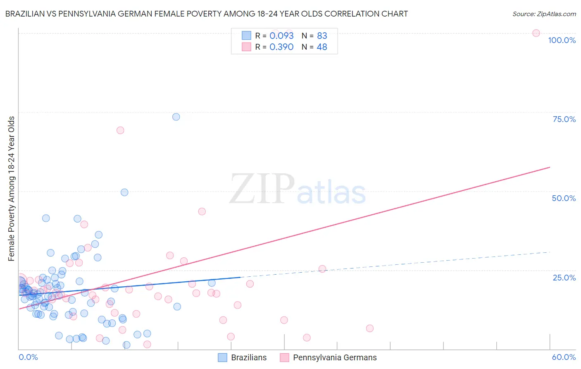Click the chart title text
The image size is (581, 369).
(x=207, y=14)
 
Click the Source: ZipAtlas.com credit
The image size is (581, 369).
(x=544, y=14)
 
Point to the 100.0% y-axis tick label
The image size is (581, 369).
(x=562, y=40)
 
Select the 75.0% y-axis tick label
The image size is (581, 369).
(x=564, y=119)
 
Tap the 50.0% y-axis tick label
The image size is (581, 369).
(x=564, y=198)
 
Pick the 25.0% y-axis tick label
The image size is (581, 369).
(x=564, y=278)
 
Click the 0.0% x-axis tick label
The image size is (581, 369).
(x=28, y=357)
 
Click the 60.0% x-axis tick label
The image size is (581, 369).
(x=564, y=357)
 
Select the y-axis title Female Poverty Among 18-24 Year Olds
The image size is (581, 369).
(x=12, y=189)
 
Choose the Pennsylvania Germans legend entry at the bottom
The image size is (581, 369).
(x=329, y=357)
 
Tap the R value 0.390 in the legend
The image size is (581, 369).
(x=281, y=47)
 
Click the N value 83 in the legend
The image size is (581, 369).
(x=322, y=36)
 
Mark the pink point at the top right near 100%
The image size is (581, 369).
(x=536, y=33)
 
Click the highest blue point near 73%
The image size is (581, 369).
(x=176, y=117)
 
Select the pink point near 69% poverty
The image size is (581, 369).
(x=120, y=130)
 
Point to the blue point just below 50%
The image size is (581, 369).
(x=124, y=192)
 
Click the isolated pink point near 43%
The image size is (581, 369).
(x=202, y=211)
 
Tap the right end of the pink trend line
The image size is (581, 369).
(x=550, y=167)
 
